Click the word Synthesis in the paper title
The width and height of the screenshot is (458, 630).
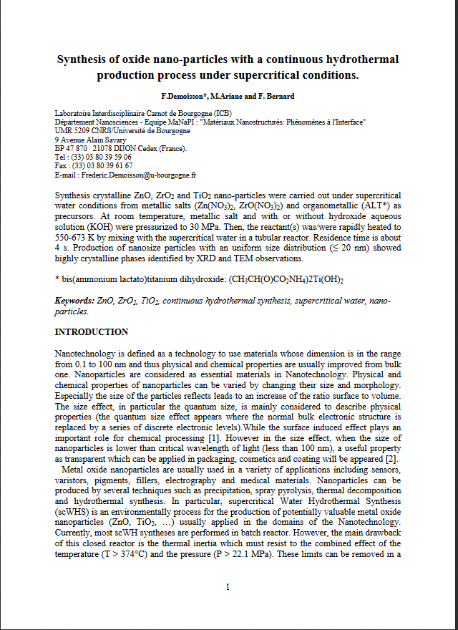81,59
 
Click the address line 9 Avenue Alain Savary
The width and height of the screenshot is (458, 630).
86,140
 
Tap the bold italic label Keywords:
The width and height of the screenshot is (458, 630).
74,301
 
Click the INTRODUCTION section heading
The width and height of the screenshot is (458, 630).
92,332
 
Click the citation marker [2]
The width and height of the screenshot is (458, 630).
391,459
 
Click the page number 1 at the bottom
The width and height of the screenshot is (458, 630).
228,587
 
